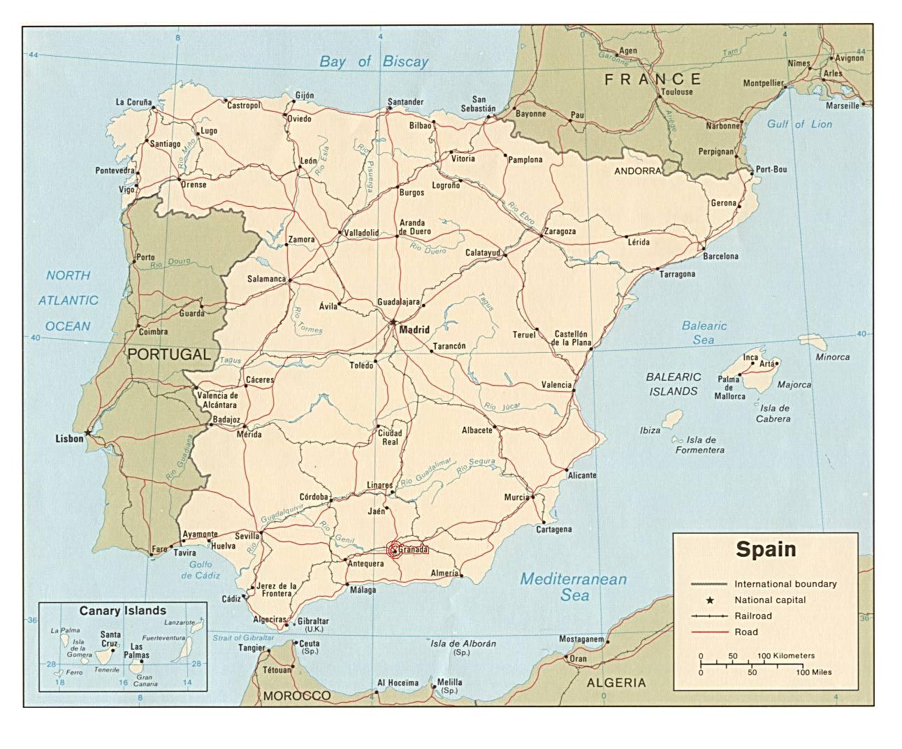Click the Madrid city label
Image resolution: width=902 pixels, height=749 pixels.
coord(415,330)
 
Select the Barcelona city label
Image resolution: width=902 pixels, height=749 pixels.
coord(720,256)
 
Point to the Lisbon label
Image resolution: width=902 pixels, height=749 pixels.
coord(69,439)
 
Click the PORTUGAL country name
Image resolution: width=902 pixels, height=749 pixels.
coord(169,354)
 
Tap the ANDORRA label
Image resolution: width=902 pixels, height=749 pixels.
coord(637,170)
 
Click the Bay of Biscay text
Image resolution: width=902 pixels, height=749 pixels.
coord(374,61)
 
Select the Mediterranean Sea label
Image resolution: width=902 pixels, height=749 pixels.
coord(574,587)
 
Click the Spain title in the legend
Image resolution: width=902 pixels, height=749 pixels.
coord(765,549)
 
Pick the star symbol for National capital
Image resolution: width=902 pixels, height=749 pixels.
coord(710,600)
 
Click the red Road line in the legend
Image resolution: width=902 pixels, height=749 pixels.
coord(710,632)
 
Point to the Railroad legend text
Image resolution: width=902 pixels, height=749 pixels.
coord(752,616)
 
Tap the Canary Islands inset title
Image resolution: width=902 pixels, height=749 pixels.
coord(122,611)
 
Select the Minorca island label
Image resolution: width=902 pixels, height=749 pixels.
coord(833,357)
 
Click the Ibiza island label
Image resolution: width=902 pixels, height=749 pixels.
coord(650,430)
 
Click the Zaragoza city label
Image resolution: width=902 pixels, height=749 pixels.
coord(560,231)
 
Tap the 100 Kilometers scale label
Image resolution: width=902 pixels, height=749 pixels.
coord(786,656)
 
